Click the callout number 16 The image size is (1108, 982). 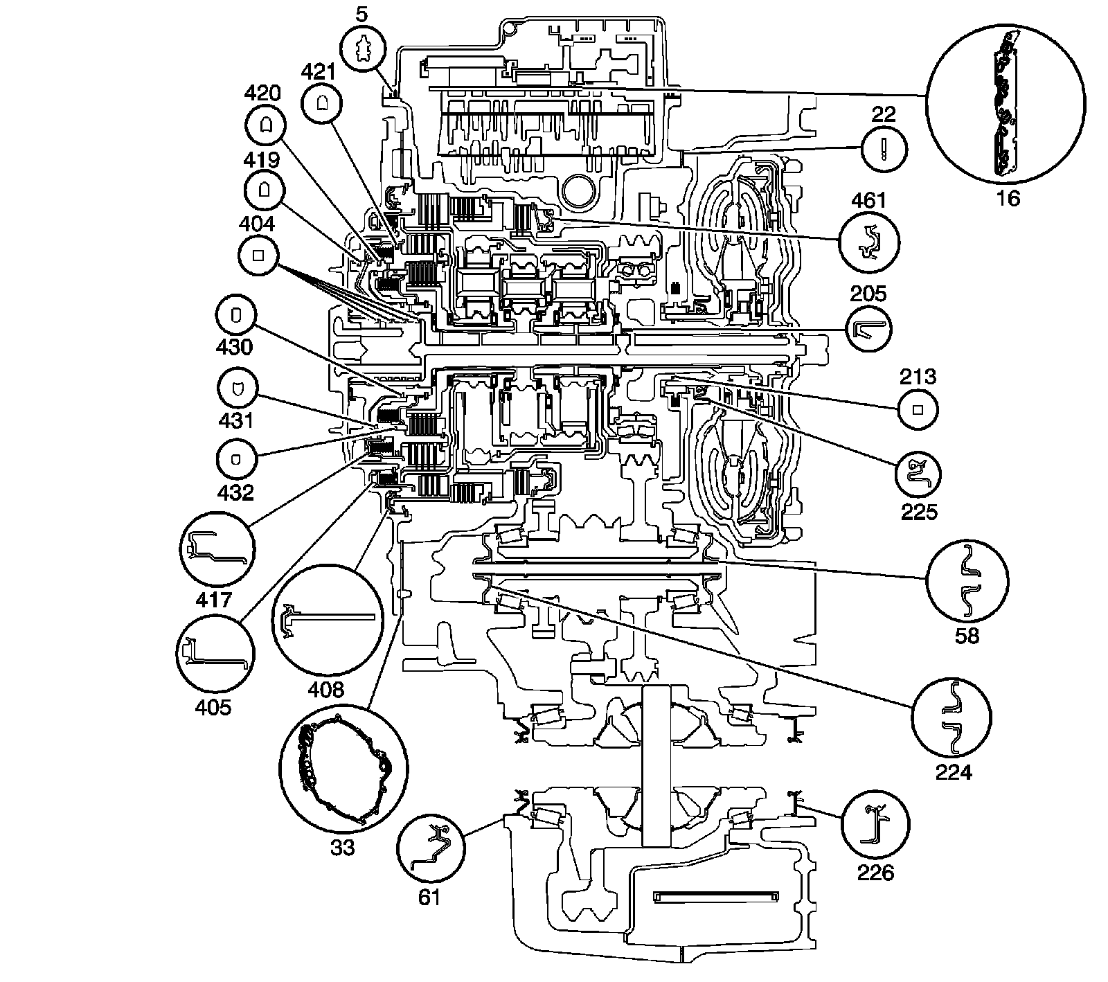(x=1008, y=198)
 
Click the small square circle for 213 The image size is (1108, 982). (x=918, y=409)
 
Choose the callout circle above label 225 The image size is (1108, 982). (x=918, y=473)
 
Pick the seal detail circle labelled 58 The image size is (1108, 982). (x=967, y=579)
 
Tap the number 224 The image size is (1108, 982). (x=954, y=771)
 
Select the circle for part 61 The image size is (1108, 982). (x=429, y=847)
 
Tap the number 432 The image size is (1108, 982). (x=235, y=492)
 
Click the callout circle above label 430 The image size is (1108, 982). (x=235, y=315)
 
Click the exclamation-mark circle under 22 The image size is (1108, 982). (x=882, y=149)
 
